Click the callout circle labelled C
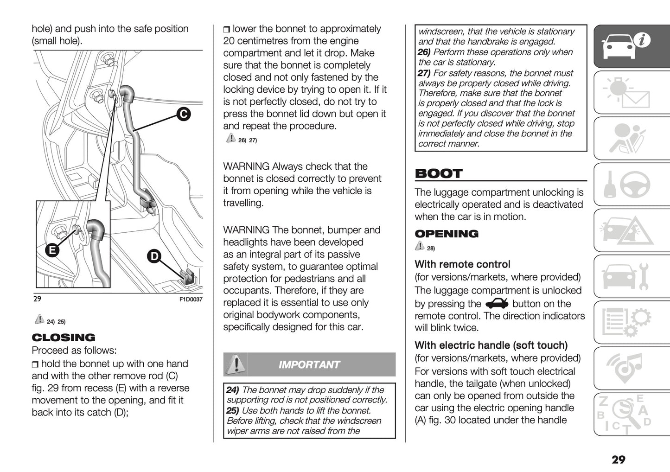(x=184, y=114)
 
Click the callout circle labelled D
(x=154, y=256)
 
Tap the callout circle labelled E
(x=52, y=250)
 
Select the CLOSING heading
(x=64, y=338)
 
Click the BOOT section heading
(x=439, y=174)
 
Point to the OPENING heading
(x=447, y=234)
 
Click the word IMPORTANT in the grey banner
(x=309, y=365)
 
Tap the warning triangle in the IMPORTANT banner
(x=236, y=364)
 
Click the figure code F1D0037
(x=191, y=300)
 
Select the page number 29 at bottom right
(x=618, y=459)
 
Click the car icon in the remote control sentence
(x=497, y=304)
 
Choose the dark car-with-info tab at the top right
(x=631, y=46)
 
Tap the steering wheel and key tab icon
(x=631, y=184)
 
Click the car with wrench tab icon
(x=631, y=276)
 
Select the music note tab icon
(x=631, y=368)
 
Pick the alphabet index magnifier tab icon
(x=631, y=414)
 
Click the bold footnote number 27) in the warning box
(x=424, y=73)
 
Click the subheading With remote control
(x=462, y=264)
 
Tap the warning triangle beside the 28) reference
(x=420, y=247)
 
